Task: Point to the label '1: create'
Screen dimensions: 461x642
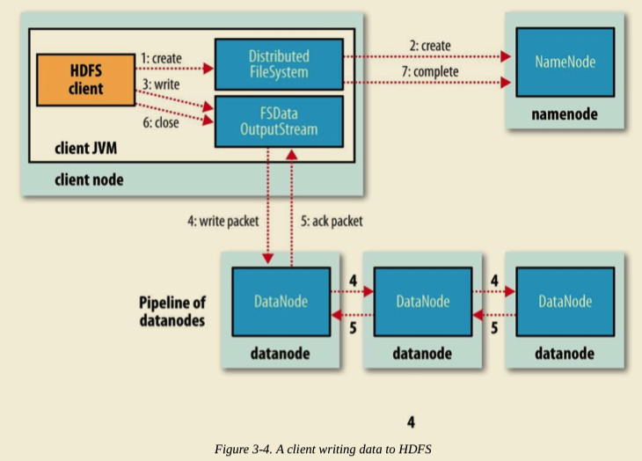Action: pyautogui.click(x=160, y=58)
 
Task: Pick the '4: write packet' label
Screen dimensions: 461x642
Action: pyautogui.click(x=223, y=223)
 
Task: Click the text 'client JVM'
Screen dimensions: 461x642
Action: pyautogui.click(x=86, y=150)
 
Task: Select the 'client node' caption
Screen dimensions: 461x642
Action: pyautogui.click(x=90, y=179)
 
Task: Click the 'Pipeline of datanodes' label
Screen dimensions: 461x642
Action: pyautogui.click(x=172, y=311)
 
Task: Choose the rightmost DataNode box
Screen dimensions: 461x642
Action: pyautogui.click(x=564, y=302)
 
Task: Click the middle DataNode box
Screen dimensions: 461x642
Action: pyautogui.click(x=422, y=302)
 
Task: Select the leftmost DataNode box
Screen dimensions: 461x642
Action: pyautogui.click(x=281, y=302)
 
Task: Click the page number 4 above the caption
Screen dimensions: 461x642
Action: pyautogui.click(x=410, y=421)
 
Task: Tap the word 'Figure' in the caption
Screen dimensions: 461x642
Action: pyautogui.click(x=232, y=449)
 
